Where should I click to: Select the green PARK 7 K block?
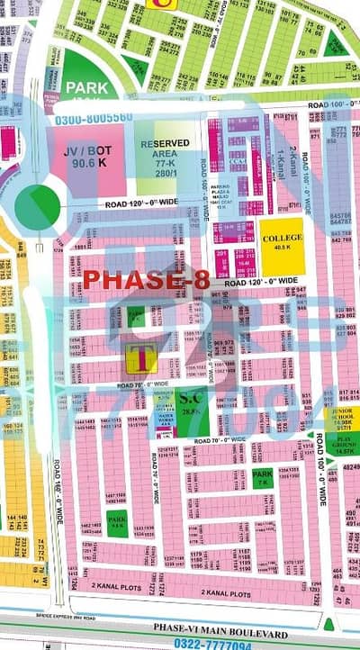tap(262, 478)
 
